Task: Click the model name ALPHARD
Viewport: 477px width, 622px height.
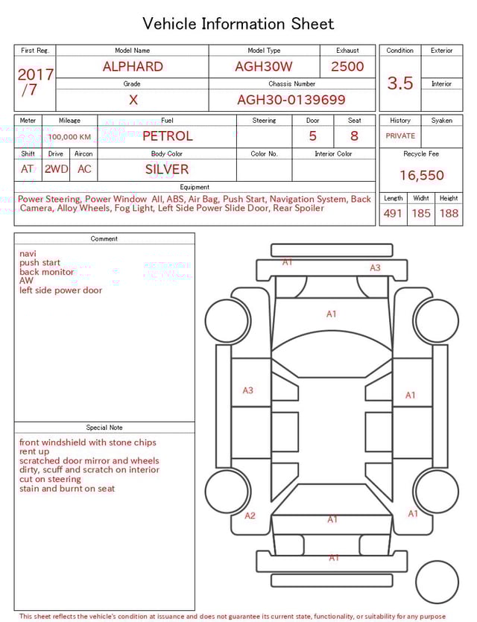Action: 133,66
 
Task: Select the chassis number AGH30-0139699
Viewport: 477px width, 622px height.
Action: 291,100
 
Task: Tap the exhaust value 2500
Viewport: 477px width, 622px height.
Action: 347,66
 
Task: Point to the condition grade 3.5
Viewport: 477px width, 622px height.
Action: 400,83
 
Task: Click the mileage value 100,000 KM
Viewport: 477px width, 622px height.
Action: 69,137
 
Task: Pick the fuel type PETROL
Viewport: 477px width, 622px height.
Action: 168,136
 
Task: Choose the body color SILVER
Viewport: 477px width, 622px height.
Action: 167,169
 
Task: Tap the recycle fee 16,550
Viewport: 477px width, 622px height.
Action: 421,176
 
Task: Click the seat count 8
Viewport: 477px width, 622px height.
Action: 354,136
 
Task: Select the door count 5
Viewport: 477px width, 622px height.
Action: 313,136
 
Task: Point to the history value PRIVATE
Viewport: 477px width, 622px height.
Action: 400,136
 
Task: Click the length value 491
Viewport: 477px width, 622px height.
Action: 393,214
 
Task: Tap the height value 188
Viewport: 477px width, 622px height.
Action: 449,214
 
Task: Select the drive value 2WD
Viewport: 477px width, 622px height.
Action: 56,169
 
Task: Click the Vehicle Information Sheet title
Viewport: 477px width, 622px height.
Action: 238,24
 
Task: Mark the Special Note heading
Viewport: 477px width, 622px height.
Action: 104,428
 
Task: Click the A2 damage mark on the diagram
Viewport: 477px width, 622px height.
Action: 250,515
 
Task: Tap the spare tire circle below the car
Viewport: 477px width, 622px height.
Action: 437,582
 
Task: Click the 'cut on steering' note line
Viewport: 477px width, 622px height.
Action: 51,479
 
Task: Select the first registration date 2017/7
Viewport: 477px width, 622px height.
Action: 35,82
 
